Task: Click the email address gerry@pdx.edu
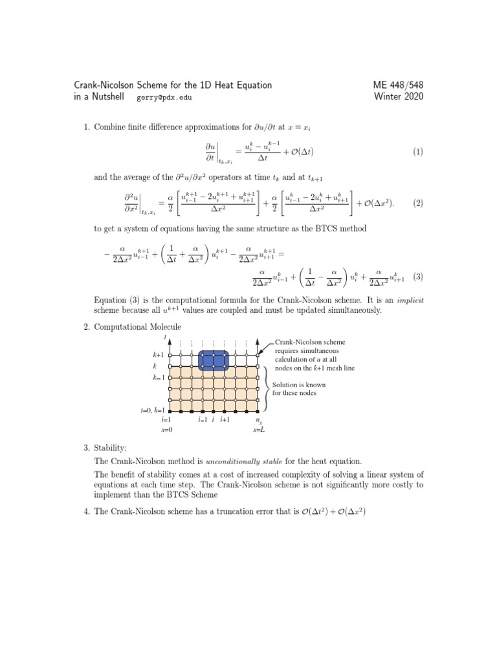coord(164,98)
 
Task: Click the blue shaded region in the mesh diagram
coord(213,360)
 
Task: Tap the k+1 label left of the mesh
coord(159,355)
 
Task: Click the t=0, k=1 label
coord(153,411)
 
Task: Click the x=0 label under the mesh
coord(166,430)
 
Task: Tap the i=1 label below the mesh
coord(166,420)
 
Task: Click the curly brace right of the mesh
coord(267,388)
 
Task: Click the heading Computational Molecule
coord(138,327)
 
